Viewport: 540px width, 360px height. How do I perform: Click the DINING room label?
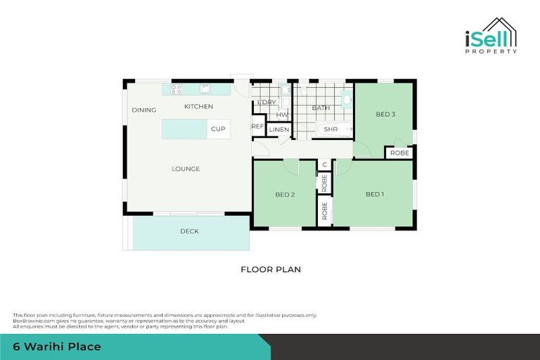coord(143,110)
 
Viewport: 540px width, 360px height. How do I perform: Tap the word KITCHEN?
coord(198,106)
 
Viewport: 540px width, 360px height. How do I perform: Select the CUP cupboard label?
coord(218,129)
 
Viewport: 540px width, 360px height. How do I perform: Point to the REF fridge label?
coord(258,127)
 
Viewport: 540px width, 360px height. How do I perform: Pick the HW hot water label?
coord(281,115)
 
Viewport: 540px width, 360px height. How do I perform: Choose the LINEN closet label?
coord(279,130)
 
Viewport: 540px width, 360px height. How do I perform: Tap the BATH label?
coord(321,108)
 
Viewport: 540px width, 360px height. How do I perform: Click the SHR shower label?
coord(330,129)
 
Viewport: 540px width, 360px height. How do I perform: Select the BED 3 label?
coord(385,114)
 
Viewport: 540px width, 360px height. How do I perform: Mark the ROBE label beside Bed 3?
coord(399,153)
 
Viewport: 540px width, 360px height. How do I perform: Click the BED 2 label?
coord(284,194)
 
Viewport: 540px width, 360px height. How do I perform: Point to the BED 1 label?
coord(374,194)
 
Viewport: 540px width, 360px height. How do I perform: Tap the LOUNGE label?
coord(186,169)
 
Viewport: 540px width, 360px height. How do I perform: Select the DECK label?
coord(189,231)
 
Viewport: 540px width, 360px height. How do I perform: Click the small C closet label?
coord(324,165)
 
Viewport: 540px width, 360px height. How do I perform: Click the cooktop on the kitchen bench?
coord(176,89)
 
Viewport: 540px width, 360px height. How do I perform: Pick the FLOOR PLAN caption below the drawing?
coord(271,269)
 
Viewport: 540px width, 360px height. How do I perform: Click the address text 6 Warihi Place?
coord(56,347)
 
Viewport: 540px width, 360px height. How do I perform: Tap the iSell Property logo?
coord(491,37)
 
